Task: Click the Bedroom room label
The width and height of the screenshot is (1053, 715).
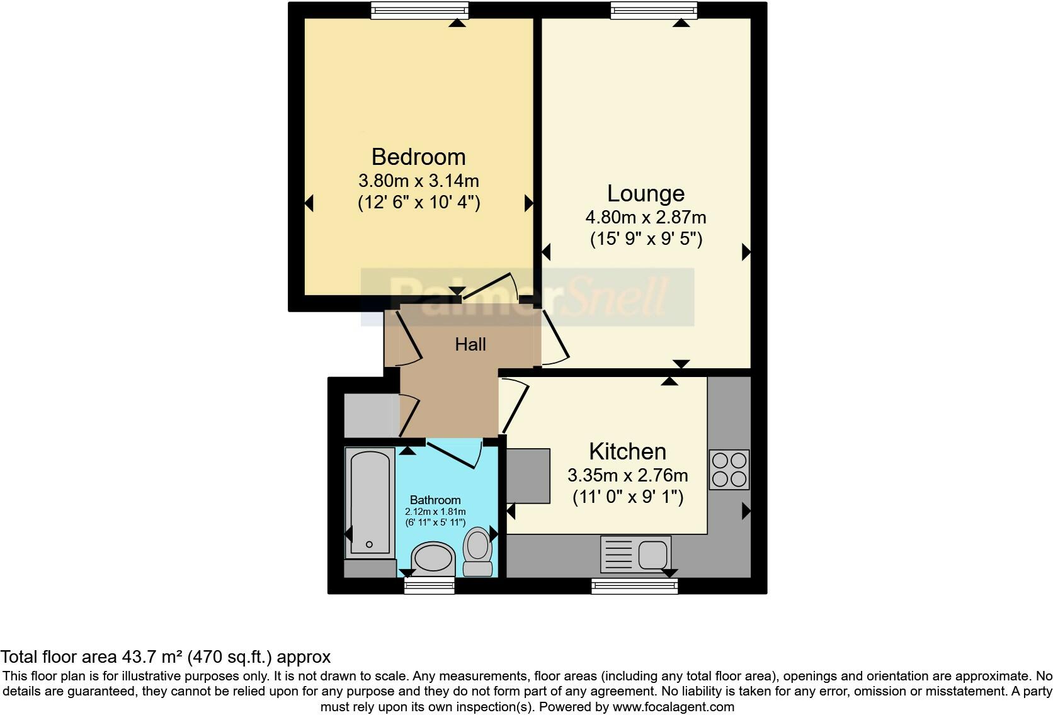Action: click(418, 157)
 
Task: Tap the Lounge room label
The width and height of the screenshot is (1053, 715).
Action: click(646, 193)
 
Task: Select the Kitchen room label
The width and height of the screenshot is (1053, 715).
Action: click(627, 451)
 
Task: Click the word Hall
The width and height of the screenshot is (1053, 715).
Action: click(470, 344)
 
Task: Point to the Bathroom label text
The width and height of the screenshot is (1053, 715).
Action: click(435, 500)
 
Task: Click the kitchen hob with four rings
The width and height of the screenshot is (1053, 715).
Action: click(729, 470)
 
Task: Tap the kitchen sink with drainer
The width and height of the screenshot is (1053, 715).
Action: click(635, 554)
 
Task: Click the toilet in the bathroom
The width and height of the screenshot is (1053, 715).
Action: click(478, 551)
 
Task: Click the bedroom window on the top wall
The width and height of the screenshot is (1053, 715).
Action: click(419, 10)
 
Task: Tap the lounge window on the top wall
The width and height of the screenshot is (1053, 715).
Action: click(654, 10)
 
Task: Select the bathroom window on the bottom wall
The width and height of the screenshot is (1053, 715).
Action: click(429, 586)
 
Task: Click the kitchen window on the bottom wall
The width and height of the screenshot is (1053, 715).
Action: click(634, 586)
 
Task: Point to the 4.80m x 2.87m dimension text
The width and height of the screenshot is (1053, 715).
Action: click(646, 218)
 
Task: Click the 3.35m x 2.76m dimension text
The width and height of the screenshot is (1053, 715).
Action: click(627, 475)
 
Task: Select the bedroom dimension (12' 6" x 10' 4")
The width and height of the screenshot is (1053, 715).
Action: click(419, 203)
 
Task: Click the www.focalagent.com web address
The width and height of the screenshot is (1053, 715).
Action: click(673, 707)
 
